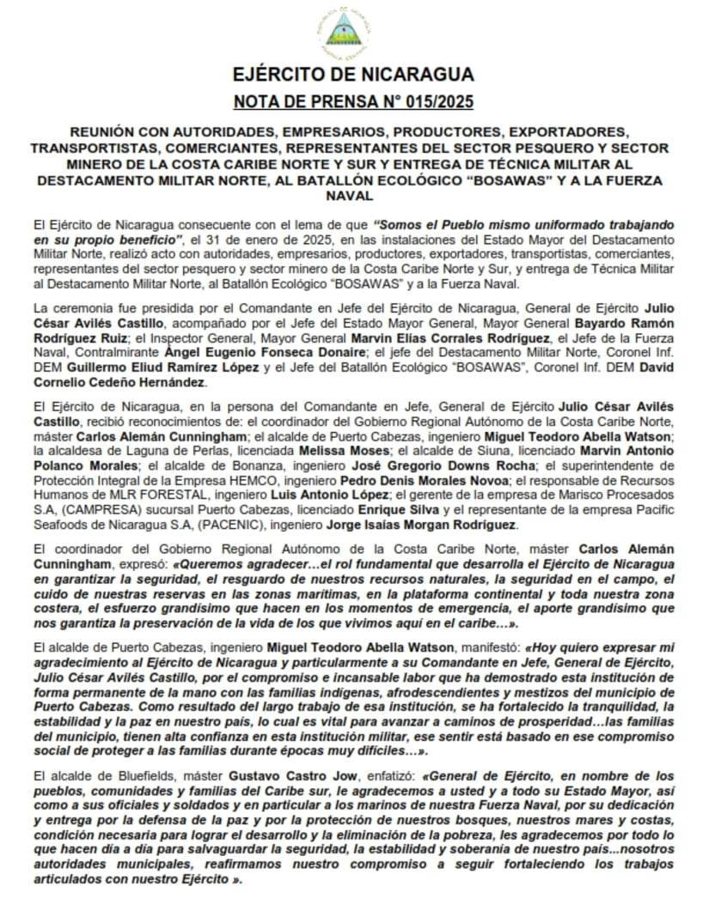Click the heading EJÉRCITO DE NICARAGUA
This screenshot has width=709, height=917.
coord(353,74)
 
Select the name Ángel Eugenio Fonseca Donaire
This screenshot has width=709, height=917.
coord(281,351)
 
